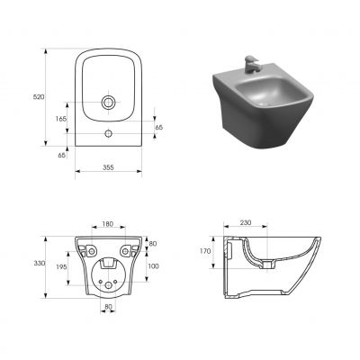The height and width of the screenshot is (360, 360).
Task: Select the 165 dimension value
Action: (61, 119)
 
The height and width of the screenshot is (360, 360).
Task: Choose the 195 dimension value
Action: (62, 267)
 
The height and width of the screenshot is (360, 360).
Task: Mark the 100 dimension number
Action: (153, 265)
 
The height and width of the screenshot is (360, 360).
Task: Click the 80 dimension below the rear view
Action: (108, 309)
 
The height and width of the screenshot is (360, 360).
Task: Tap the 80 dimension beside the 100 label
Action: (153, 243)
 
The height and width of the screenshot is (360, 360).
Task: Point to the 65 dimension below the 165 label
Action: (61, 155)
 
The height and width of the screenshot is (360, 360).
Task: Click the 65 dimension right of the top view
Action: (160, 129)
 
